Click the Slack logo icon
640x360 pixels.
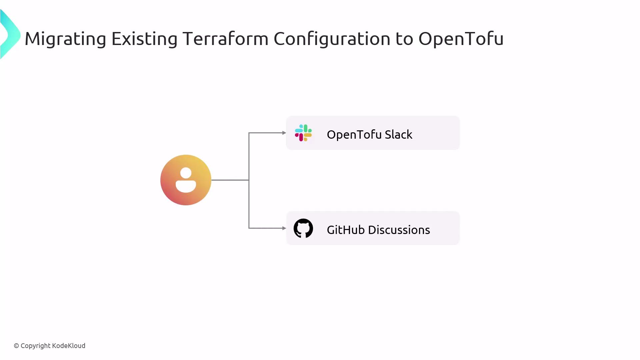[303, 133]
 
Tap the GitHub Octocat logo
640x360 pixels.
[303, 228]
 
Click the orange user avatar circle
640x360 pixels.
[186, 180]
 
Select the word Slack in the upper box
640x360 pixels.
[398, 134]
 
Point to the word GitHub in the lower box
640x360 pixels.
[346, 230]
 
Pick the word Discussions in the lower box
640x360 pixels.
[399, 230]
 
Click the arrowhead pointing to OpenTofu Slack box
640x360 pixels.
[284, 133]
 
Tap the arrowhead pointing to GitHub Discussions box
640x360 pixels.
[284, 228]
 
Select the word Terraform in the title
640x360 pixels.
[225, 38]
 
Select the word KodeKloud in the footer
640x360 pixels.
[69, 346]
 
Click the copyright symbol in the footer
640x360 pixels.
[16, 346]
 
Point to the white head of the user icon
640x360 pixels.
[186, 173]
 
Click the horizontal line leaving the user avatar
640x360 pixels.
[230, 180]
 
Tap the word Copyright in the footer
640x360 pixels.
[36, 346]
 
